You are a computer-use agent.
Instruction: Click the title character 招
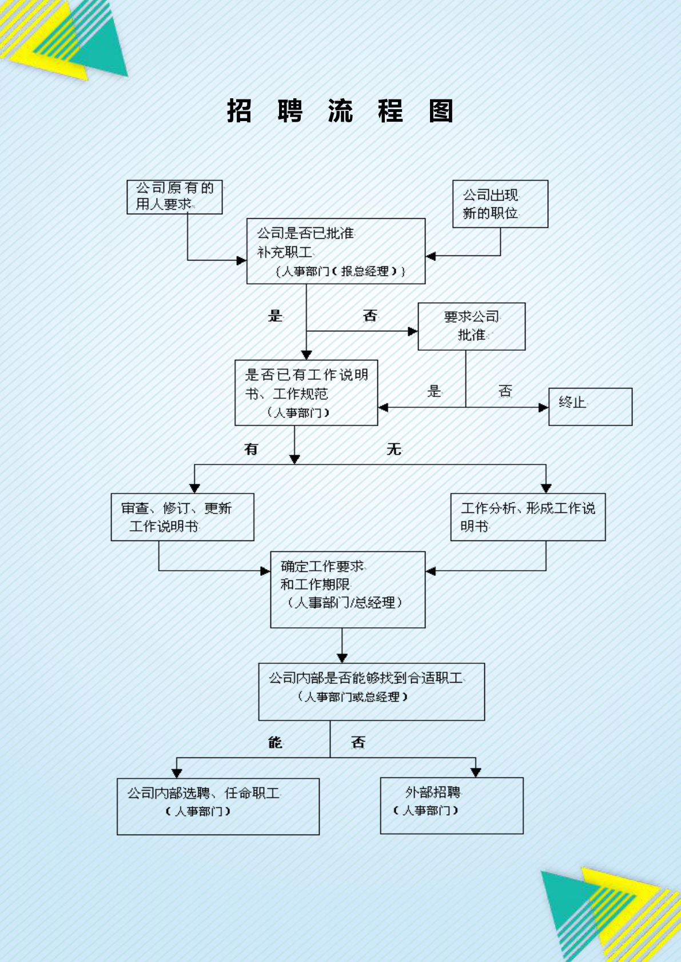(239, 111)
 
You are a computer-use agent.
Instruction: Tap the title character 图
(441, 111)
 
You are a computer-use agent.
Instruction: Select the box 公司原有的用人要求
(174, 197)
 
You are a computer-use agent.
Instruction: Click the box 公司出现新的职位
(500, 204)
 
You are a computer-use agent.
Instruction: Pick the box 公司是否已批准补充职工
(336, 251)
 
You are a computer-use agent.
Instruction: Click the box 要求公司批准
(471, 326)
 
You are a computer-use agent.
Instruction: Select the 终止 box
(590, 407)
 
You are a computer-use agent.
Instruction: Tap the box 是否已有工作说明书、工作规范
(306, 392)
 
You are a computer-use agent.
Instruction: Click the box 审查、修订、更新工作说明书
(182, 517)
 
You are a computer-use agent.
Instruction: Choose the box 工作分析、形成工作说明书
(527, 517)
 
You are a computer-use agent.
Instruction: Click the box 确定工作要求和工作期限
(348, 589)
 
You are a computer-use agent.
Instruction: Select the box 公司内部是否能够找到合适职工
(371, 691)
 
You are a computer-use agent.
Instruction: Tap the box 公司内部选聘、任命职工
(218, 806)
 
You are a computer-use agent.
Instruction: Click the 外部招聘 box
(451, 805)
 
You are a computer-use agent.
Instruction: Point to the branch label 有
(251, 449)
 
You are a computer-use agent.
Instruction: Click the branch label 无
(393, 449)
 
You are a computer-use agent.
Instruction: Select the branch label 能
(275, 742)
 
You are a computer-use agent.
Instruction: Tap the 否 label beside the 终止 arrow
(505, 391)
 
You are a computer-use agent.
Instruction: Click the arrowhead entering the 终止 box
(543, 407)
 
